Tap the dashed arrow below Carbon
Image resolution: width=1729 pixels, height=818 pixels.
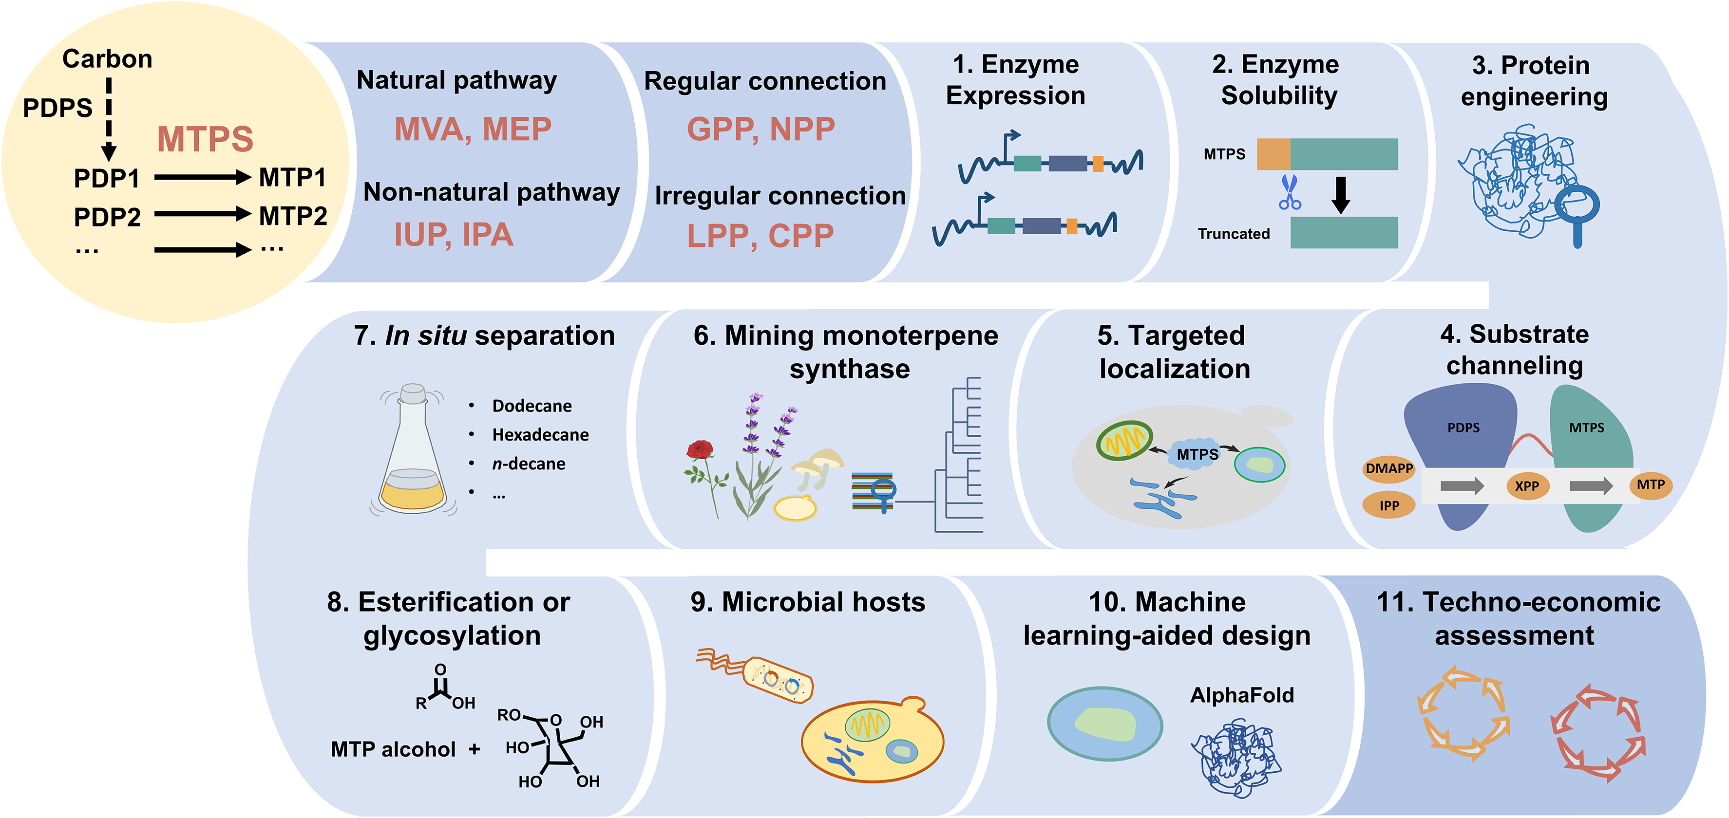point(109,117)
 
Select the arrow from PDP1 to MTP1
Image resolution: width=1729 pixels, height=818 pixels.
point(202,178)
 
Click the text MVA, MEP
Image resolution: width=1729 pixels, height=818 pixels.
point(473,129)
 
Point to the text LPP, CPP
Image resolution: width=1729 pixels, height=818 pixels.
point(760,236)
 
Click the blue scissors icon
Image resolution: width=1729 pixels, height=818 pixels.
point(1290,193)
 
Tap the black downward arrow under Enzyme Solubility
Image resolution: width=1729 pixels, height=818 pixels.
point(1340,195)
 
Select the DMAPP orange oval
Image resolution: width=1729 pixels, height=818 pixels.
point(1388,468)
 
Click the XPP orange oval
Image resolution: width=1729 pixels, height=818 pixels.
point(1526,486)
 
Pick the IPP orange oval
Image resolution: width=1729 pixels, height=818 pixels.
point(1388,505)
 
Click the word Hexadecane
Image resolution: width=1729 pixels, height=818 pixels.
point(540,435)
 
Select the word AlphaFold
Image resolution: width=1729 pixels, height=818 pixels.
point(1242,695)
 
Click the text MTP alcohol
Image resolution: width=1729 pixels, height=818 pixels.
point(393,749)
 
